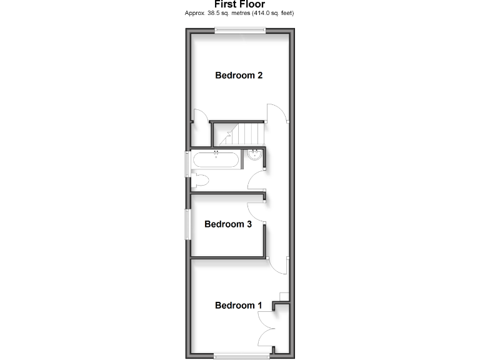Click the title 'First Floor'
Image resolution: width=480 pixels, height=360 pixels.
239,4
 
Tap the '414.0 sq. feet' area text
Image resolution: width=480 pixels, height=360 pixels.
272,13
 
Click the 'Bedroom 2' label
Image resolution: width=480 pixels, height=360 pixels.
239,76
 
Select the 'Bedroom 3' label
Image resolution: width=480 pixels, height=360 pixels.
228,224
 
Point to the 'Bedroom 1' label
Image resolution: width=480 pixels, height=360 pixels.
239,305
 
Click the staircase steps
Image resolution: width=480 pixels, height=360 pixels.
250,134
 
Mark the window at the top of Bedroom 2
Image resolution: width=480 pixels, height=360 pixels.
239,30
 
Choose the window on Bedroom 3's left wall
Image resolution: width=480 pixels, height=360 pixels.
186,224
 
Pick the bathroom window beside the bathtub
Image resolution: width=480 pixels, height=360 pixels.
187,166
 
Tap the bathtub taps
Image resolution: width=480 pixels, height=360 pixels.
216,152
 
